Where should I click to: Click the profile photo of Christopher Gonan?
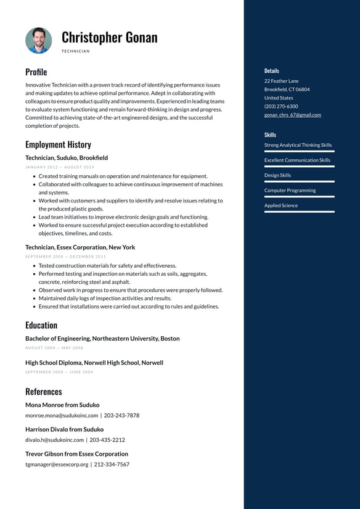click(38, 40)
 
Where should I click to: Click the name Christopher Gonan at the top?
click(109, 38)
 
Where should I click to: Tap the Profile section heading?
click(36, 72)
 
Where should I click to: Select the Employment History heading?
click(58, 144)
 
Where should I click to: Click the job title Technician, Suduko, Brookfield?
click(67, 158)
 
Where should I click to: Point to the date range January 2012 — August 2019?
click(60, 167)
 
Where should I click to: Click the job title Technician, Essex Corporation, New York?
click(80, 247)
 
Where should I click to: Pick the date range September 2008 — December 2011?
click(65, 257)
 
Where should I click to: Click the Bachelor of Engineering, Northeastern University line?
click(102, 339)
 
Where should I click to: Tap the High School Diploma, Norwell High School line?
click(94, 363)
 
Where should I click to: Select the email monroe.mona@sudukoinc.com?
click(62, 415)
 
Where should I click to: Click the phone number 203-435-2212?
click(107, 440)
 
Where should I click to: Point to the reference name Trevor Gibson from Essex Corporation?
click(76, 454)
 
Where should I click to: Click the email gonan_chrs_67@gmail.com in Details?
click(293, 115)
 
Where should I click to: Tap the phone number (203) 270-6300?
click(281, 106)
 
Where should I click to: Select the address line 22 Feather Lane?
click(281, 81)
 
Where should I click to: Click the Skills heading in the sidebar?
click(270, 134)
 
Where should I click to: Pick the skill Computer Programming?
click(290, 190)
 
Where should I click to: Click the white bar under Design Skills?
click(300, 181)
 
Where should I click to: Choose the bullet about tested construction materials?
click(107, 265)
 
